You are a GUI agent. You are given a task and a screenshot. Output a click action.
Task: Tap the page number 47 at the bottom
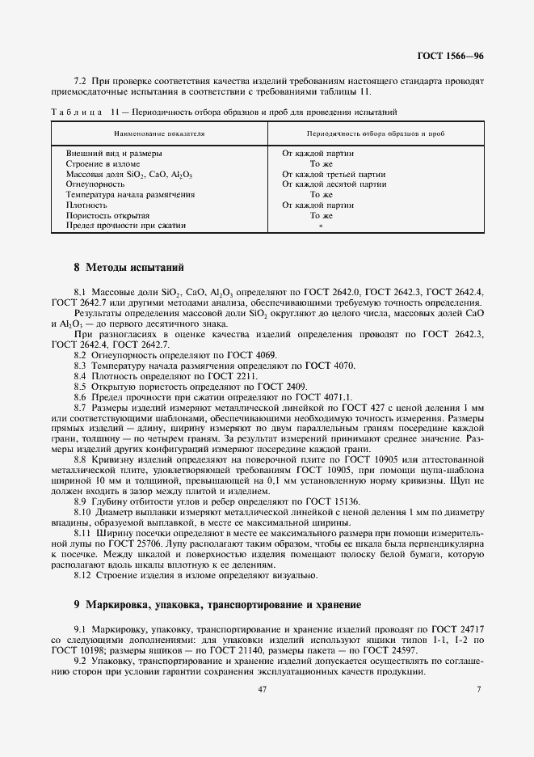[263, 688]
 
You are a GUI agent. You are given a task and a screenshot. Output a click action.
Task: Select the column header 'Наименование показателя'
[158, 132]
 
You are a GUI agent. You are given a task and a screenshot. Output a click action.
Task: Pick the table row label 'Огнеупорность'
[95, 184]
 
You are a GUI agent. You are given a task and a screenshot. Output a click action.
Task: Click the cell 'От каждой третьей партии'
[333, 174]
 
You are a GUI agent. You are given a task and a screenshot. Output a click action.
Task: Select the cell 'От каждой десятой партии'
[334, 184]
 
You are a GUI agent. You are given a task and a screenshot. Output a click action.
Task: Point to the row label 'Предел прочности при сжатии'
[125, 226]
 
